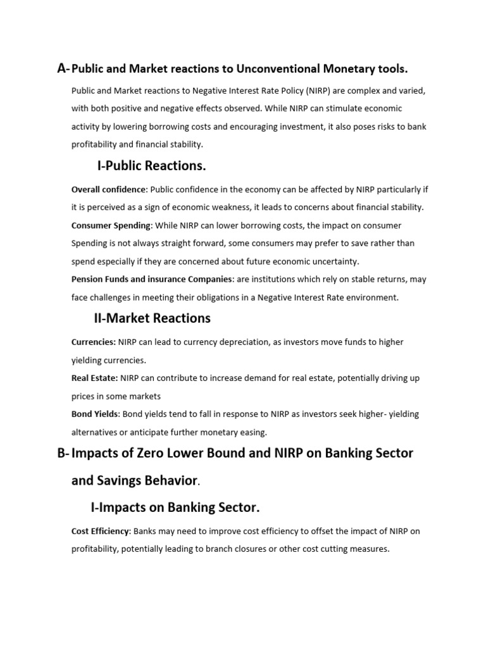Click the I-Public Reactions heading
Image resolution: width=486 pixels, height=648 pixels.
click(152, 166)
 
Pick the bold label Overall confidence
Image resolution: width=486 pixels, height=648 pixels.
click(109, 189)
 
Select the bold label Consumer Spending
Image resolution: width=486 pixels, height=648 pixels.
click(111, 225)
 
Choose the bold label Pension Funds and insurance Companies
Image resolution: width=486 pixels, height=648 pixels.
click(152, 279)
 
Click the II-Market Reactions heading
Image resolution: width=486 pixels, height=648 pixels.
click(152, 318)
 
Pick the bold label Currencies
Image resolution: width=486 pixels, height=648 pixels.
click(93, 342)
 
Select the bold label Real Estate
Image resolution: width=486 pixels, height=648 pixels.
click(94, 378)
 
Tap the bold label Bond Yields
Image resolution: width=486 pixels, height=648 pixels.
click(95, 414)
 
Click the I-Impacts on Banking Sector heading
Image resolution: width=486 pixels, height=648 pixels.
click(175, 508)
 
